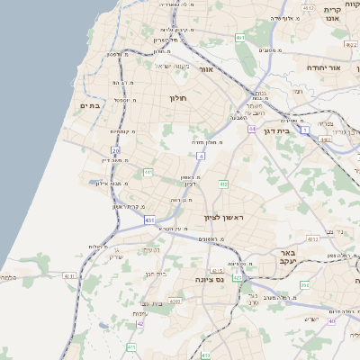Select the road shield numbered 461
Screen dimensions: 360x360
point(240,38)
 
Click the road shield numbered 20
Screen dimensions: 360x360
point(115,150)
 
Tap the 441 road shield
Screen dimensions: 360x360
point(148,172)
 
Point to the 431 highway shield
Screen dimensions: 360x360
point(149,220)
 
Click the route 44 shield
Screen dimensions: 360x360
point(252,129)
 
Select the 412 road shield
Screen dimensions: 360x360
point(222,184)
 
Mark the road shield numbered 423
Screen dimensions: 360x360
point(238,278)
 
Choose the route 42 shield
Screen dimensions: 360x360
point(140,322)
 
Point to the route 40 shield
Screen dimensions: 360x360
point(331,320)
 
